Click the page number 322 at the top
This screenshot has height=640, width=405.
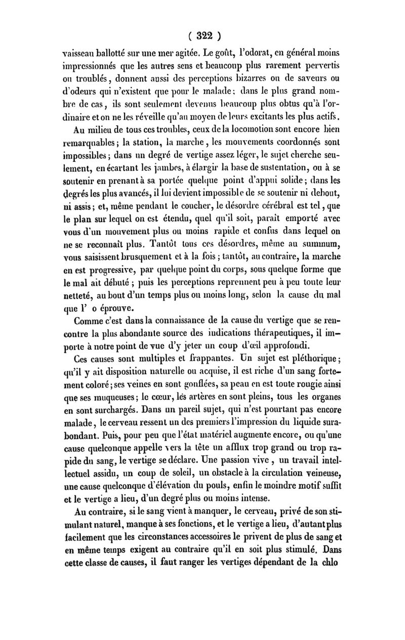click(202, 37)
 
